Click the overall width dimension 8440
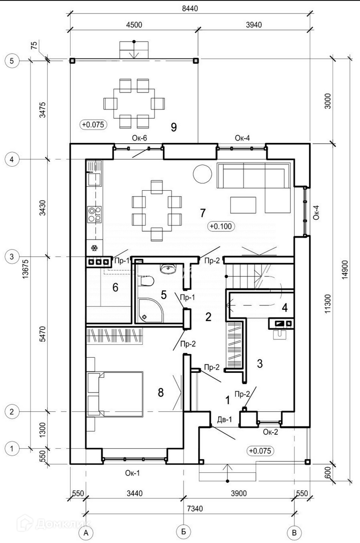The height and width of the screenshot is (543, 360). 190,9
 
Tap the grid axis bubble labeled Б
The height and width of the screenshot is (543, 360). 184,531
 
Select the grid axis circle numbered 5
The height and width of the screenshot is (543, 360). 12,61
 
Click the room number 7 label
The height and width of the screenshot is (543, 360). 203,213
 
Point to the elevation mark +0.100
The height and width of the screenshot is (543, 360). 221,226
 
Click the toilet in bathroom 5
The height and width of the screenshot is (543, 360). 147,281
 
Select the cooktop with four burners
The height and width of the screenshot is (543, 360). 95,214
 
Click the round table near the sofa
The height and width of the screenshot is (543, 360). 202,174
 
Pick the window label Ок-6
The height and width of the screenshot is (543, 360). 139,138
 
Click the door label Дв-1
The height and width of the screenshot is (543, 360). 225,419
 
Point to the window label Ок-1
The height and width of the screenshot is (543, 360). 132,473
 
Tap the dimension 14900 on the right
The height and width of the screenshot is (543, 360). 345,270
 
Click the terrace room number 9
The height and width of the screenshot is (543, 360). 174,127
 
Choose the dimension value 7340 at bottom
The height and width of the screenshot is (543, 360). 195,509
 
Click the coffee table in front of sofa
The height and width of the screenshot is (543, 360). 243,205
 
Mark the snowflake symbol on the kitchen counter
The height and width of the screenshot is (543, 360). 94,248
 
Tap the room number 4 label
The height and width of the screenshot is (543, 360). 285,308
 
